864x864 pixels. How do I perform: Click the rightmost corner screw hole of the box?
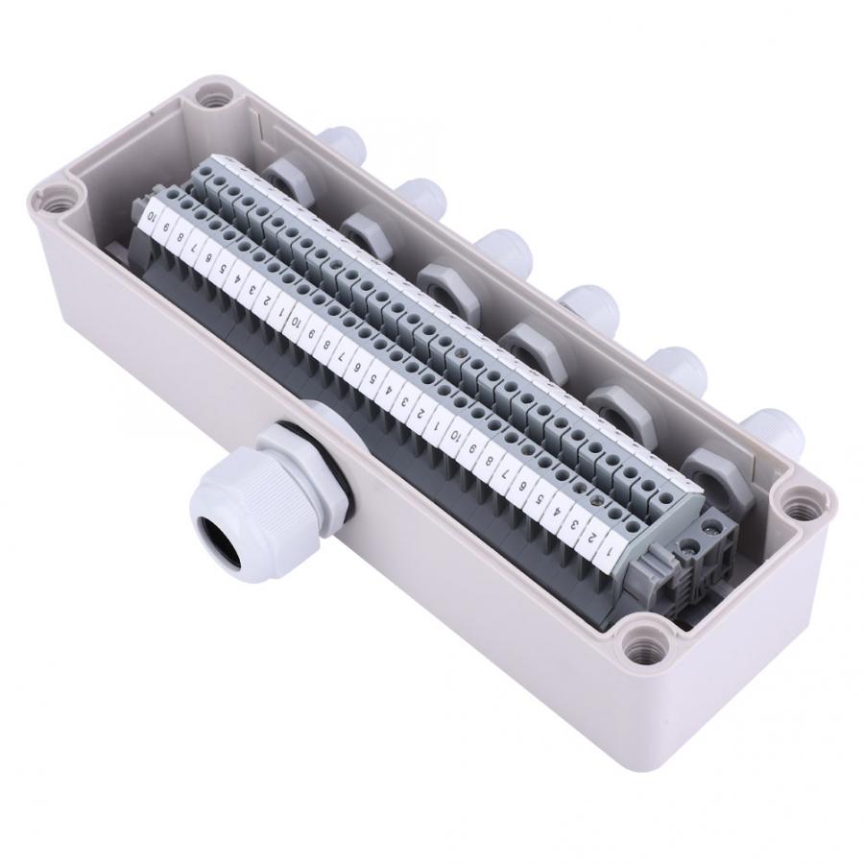point(797,502)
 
